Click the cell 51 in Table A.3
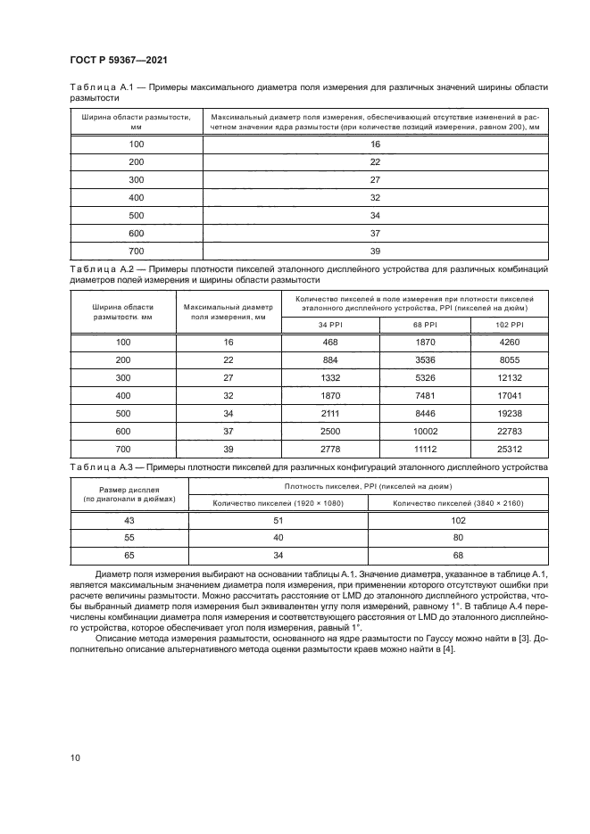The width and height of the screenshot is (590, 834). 278,520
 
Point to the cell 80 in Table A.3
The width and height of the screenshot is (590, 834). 458,538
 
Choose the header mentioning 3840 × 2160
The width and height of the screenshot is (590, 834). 458,504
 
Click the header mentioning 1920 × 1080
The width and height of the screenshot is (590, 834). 278,504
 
